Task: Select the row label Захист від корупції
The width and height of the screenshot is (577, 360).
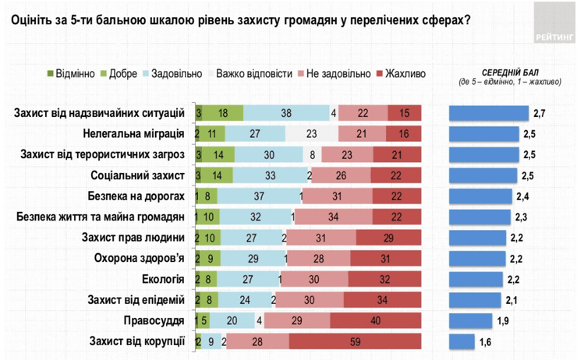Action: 136,341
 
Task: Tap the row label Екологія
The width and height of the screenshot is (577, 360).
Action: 163,278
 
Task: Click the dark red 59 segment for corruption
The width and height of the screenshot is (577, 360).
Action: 355,341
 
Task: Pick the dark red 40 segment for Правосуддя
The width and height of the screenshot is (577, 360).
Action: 376,320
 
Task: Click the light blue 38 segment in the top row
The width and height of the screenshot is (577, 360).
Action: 286,113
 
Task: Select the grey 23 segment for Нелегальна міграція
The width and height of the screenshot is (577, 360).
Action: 310,133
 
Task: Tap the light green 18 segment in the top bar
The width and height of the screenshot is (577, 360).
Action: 223,113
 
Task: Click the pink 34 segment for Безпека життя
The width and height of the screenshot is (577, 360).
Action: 333,217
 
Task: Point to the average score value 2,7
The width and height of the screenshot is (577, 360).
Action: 539,113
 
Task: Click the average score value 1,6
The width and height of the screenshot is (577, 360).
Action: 486,341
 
